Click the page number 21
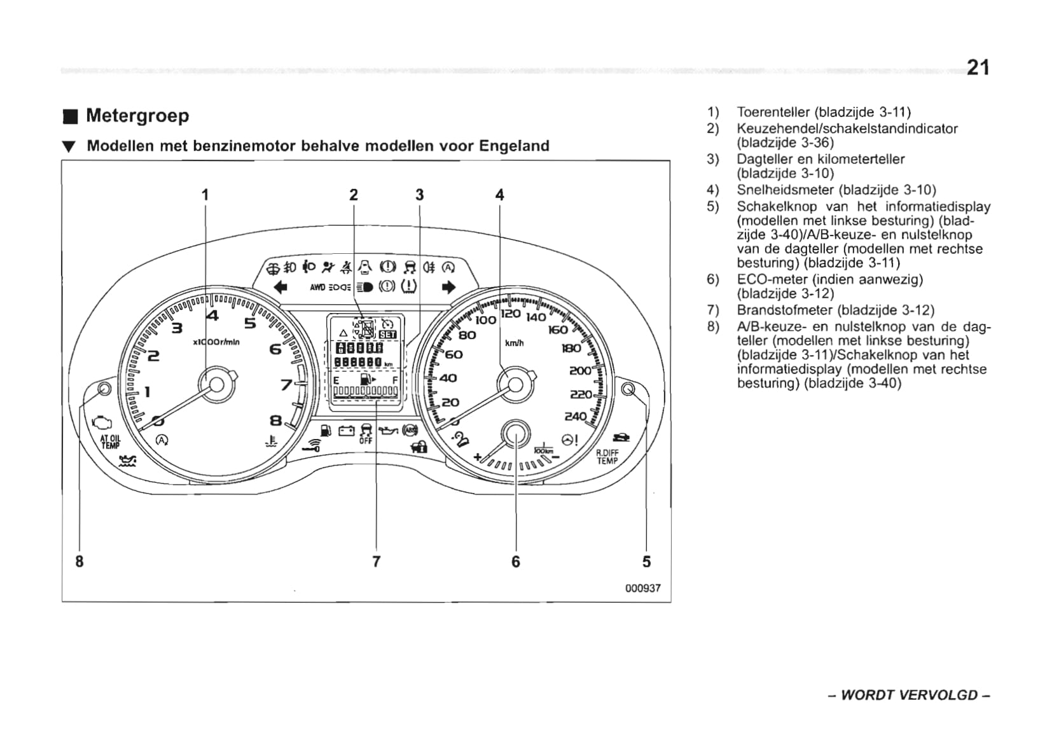coord(978,67)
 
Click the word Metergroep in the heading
coord(137,116)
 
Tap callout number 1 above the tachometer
coord(205,195)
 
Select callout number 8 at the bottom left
coord(80,561)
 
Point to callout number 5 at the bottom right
coord(646,561)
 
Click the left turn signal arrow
coord(280,288)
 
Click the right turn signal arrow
coord(448,288)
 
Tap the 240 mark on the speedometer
coord(575,417)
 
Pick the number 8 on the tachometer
coord(275,421)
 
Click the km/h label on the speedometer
coord(514,344)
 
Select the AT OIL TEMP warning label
coord(110,442)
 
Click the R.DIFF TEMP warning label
coord(607,457)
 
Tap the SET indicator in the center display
coord(387,335)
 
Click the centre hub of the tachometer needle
coord(216,384)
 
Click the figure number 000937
coord(642,589)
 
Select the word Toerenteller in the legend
coord(773,113)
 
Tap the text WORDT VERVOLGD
coord(909,695)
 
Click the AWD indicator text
coord(317,288)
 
